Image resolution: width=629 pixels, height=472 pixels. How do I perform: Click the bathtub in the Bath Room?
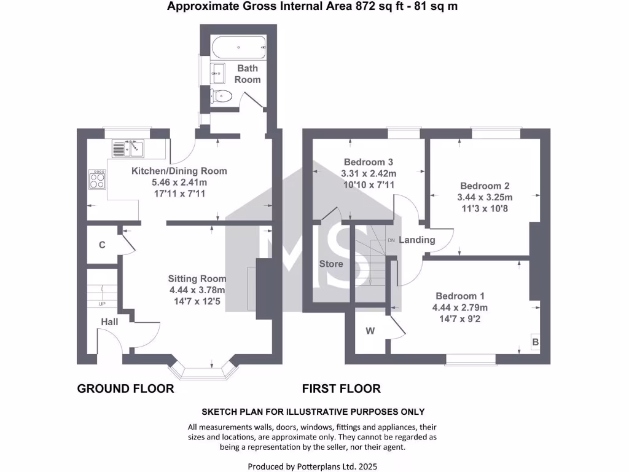pos(238,47)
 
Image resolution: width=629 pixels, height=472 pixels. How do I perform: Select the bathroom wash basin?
pos(218,73)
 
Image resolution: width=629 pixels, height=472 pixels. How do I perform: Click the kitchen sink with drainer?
pos(127,148)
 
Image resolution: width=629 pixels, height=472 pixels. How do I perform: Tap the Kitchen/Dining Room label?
pos(179,171)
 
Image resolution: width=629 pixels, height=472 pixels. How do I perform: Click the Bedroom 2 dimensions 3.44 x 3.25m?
pos(485,197)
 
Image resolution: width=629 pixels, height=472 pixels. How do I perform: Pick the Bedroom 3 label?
pos(369,162)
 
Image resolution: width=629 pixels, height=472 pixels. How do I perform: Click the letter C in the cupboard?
pos(103,245)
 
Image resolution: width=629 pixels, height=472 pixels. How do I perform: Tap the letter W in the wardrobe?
pos(370,331)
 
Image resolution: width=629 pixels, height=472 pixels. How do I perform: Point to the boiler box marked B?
pos(535,342)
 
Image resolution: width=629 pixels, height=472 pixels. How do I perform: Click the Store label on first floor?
pos(330,264)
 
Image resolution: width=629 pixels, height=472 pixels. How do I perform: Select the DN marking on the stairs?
pos(391,240)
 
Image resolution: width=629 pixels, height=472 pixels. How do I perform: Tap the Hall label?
pos(110,321)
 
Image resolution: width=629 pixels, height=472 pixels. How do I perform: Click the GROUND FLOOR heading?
pos(125,388)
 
